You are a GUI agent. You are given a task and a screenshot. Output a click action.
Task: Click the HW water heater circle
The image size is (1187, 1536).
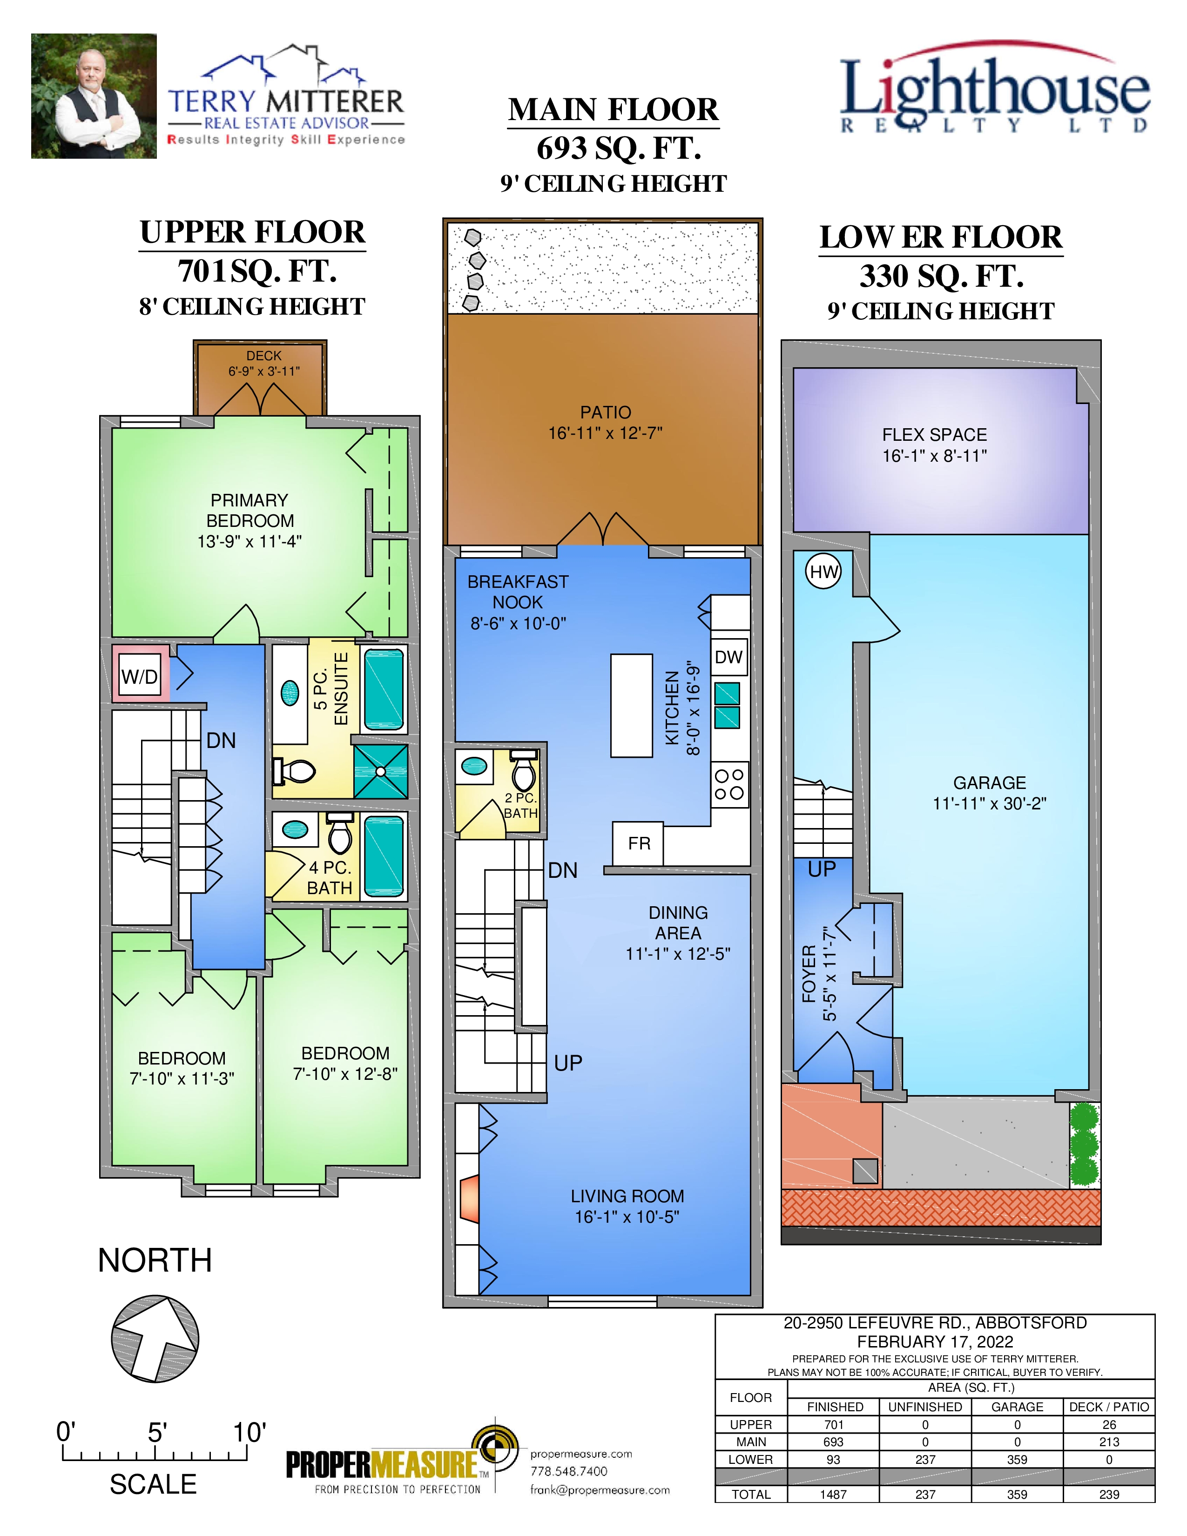click(x=823, y=572)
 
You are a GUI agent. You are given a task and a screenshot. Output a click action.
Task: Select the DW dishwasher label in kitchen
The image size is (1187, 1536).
click(x=728, y=657)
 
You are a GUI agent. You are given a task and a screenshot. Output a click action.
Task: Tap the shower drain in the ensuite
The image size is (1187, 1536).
click(x=380, y=772)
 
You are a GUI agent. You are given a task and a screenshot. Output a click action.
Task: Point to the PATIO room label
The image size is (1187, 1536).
click(x=606, y=412)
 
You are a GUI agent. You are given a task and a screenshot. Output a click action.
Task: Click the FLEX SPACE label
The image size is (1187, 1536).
click(x=935, y=435)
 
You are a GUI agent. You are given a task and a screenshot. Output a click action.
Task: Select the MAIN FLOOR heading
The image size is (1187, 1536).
click(x=613, y=110)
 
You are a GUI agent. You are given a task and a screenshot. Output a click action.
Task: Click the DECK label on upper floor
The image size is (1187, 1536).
click(x=263, y=356)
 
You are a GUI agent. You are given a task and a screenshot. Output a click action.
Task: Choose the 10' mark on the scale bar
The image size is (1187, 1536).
click(x=249, y=1433)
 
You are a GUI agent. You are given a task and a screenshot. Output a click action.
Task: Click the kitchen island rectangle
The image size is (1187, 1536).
click(x=632, y=706)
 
